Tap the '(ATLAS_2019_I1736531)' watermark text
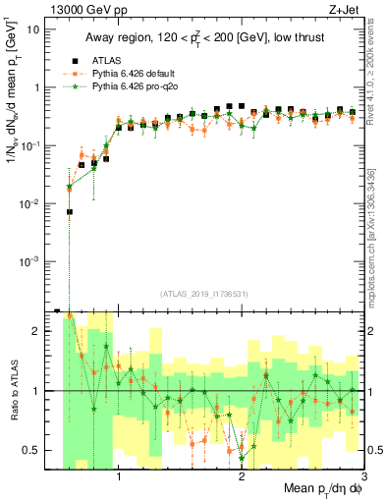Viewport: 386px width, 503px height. (x=203, y=294)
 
